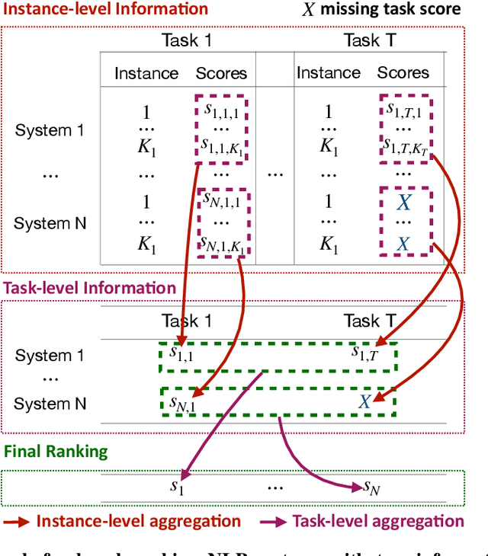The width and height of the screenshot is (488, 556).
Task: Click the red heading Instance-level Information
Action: coord(104,9)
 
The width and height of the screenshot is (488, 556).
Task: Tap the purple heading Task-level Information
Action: coord(90,288)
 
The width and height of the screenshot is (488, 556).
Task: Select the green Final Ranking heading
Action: coord(56,451)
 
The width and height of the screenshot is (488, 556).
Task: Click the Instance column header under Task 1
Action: coord(146,73)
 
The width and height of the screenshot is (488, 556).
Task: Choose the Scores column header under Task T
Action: coord(403,73)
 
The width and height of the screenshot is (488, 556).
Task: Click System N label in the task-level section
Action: coord(50,404)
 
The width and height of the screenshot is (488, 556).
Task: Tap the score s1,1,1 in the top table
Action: coord(221,110)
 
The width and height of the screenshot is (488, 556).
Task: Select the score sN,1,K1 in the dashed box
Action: coord(224,244)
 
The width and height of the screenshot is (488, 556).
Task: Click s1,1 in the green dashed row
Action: coord(181,354)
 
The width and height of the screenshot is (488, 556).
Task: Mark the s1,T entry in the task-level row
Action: coord(364,354)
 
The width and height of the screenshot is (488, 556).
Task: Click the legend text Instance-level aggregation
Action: coord(139,521)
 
